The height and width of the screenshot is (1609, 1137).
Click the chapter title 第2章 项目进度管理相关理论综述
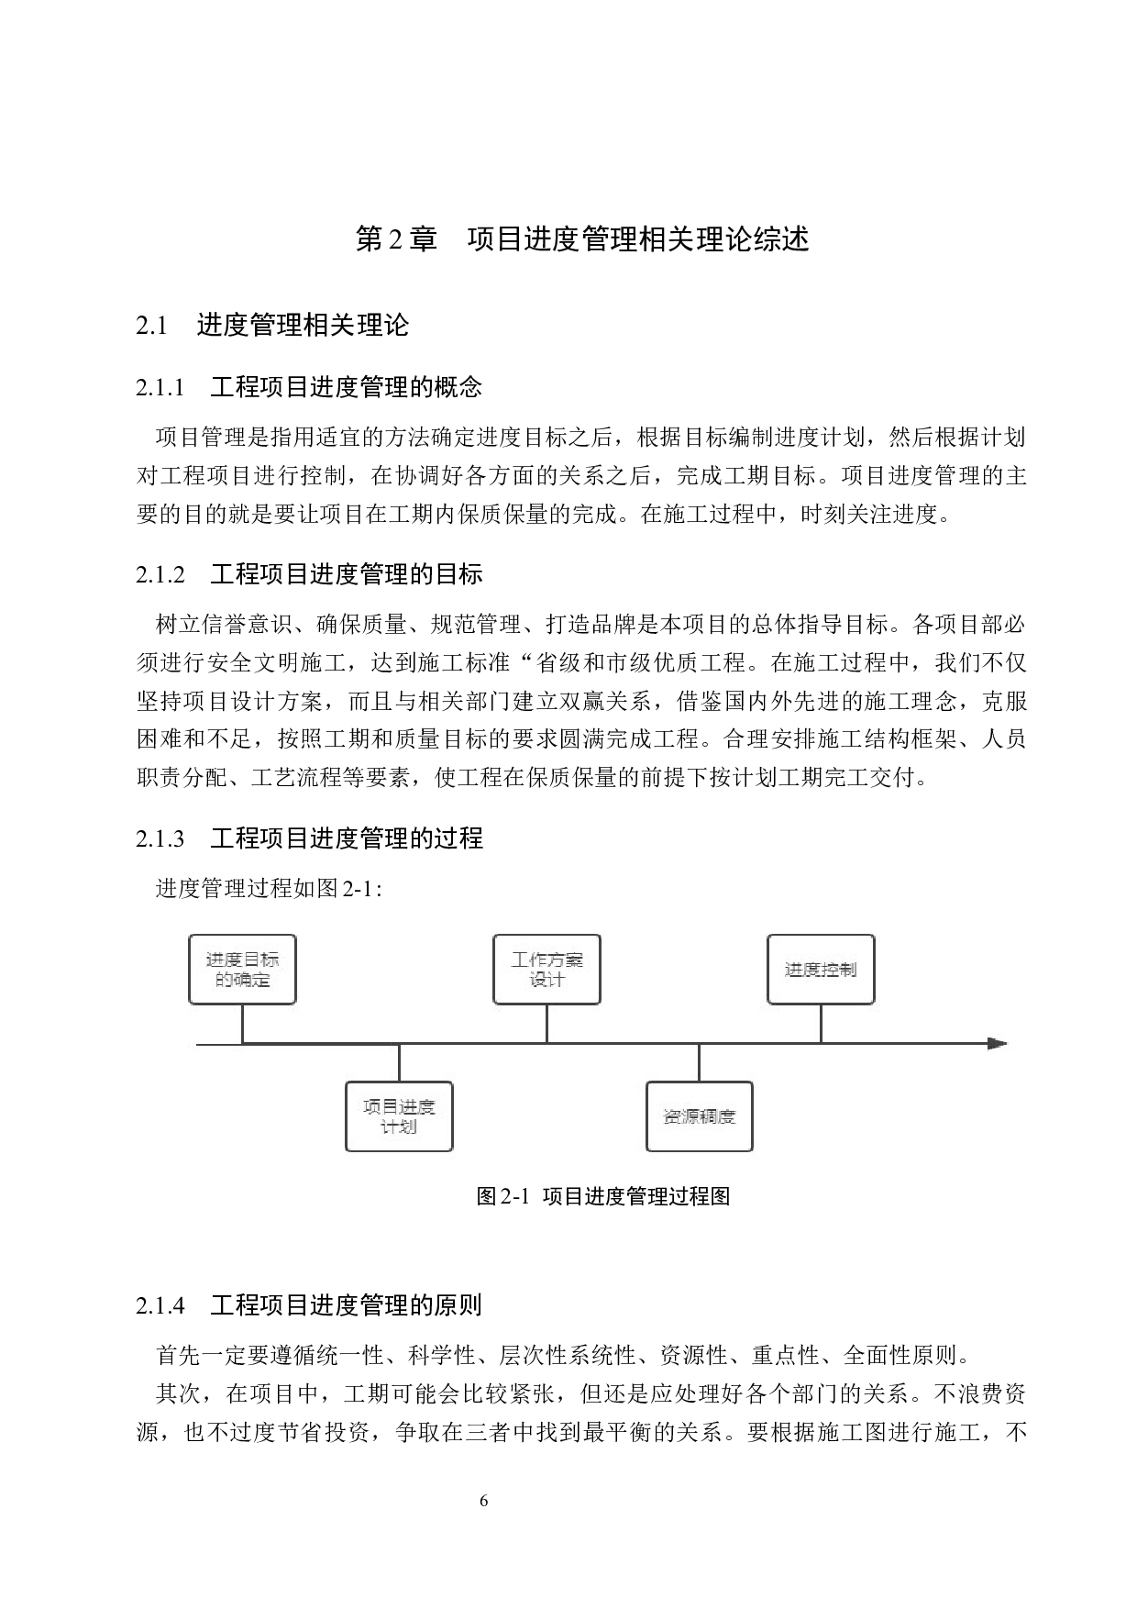point(582,239)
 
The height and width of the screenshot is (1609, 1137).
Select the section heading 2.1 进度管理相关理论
point(272,325)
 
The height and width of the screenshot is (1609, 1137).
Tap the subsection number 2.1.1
point(160,388)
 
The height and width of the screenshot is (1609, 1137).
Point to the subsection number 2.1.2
point(160,575)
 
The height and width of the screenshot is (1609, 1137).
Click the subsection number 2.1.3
point(160,838)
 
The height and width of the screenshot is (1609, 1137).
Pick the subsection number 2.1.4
point(160,1305)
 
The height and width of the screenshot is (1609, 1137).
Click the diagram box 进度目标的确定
point(242,970)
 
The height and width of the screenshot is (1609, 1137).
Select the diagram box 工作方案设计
point(546,970)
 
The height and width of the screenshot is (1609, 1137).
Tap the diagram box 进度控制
point(821,970)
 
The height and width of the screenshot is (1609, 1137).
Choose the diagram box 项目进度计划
point(399,1116)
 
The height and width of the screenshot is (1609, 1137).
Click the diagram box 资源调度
point(700,1116)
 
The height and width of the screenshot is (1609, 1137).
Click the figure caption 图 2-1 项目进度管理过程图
point(603,1196)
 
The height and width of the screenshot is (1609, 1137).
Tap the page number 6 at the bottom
point(484,1502)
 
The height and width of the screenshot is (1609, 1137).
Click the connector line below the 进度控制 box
point(821,1024)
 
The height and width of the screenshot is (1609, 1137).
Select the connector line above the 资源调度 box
point(700,1062)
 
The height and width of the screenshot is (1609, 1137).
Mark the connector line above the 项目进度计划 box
point(399,1062)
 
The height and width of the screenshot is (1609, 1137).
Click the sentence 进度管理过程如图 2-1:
point(270,888)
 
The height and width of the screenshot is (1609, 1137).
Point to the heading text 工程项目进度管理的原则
point(347,1305)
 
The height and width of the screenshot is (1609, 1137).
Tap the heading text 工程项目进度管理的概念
point(347,388)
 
